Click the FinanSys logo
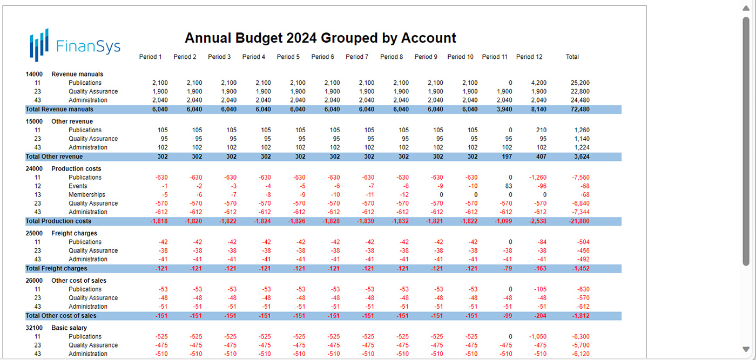tap(75, 45)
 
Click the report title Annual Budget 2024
tap(320, 38)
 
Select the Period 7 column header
tap(357, 57)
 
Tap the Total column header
tap(572, 57)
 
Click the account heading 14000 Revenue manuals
tap(64, 74)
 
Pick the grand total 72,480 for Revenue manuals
tap(580, 109)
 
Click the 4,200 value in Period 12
tap(538, 83)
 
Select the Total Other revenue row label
tap(54, 157)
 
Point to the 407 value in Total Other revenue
tap(541, 157)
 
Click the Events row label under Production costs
tap(78, 186)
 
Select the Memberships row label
tap(87, 195)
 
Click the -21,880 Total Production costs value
tap(579, 221)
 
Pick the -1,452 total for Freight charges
tap(580, 268)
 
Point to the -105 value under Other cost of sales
tap(539, 289)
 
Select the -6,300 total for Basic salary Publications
tap(580, 337)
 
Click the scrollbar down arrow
tap(746, 349)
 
